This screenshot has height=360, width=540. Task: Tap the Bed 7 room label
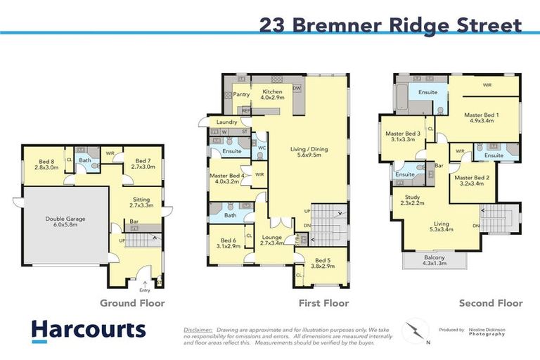coord(142,164)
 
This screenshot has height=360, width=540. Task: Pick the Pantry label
coord(241,94)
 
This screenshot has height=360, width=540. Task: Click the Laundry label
coord(226,122)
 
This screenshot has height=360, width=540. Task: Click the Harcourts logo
coord(89,330)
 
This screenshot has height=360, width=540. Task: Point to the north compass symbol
coord(415,330)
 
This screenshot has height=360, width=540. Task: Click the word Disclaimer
coord(198,329)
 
